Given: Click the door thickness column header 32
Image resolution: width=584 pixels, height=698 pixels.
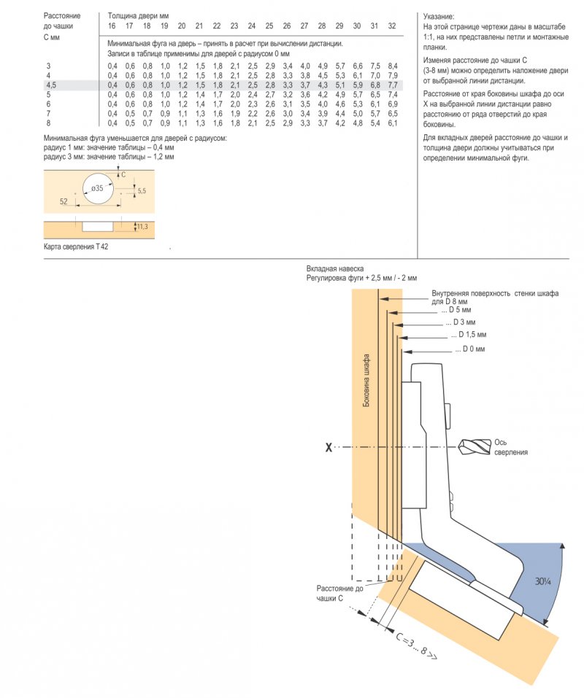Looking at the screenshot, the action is [x=392, y=26].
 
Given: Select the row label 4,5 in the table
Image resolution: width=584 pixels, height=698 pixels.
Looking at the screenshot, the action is [x=51, y=85].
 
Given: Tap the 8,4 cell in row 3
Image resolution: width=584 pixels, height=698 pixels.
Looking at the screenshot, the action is [x=393, y=66].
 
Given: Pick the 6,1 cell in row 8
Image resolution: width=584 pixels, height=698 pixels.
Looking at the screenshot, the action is [x=393, y=123].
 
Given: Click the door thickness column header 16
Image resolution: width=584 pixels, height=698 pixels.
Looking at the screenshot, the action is [x=112, y=26].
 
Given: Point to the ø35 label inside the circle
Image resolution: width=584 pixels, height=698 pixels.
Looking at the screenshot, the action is [x=97, y=188].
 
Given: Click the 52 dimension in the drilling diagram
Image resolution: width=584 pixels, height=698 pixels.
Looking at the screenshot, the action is [x=64, y=201].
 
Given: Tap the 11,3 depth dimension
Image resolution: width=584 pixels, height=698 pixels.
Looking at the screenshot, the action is [x=142, y=227].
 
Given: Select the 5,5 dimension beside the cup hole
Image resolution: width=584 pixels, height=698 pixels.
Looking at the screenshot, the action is [x=142, y=191].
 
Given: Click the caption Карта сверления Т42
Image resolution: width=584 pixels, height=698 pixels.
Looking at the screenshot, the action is [x=76, y=247].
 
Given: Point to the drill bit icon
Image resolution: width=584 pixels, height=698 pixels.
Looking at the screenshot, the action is [x=474, y=447].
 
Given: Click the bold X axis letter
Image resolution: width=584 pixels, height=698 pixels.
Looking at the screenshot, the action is [x=328, y=447].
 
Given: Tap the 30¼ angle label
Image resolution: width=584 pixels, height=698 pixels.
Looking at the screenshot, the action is [x=543, y=581].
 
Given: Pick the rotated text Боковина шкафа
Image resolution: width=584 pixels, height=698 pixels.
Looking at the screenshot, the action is [x=366, y=380].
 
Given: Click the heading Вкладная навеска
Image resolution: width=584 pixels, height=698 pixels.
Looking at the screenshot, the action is [x=335, y=269].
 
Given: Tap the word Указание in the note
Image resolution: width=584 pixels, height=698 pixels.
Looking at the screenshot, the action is [x=439, y=17].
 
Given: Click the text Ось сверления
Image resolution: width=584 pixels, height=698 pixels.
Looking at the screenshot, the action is [x=511, y=447].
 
